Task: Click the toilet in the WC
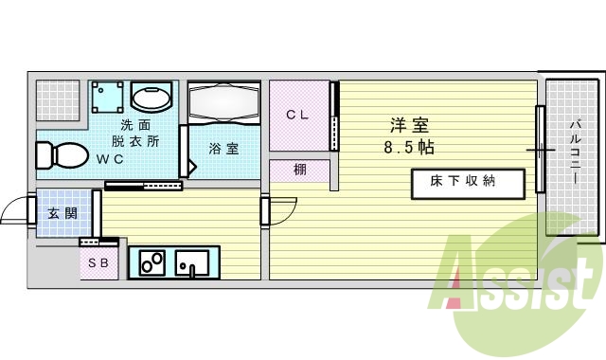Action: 60,154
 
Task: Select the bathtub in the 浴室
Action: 224,103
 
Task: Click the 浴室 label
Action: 223,149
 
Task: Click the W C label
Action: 110,159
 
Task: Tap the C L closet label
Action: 297,115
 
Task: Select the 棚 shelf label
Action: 299,171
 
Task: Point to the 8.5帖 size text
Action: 409,148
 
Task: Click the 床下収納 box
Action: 466,182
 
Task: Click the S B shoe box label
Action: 99,263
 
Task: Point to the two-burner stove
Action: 151,261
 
